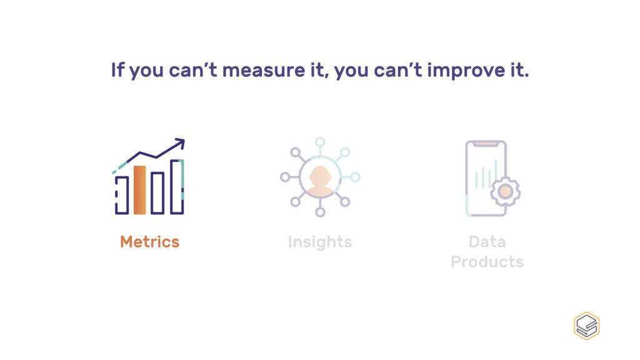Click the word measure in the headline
[263, 70]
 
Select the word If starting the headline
[117, 70]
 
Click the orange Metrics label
[150, 242]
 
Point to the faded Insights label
[320, 242]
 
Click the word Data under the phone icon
[487, 242]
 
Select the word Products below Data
[487, 262]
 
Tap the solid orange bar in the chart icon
[139, 190]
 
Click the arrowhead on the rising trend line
[180, 143]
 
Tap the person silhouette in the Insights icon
[320, 180]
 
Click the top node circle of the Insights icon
[321, 142]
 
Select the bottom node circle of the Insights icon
[321, 212]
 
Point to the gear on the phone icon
[505, 191]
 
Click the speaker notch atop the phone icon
[486, 144]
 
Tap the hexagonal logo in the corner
[586, 326]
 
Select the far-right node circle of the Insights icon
[356, 177]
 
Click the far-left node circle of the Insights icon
[285, 177]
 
